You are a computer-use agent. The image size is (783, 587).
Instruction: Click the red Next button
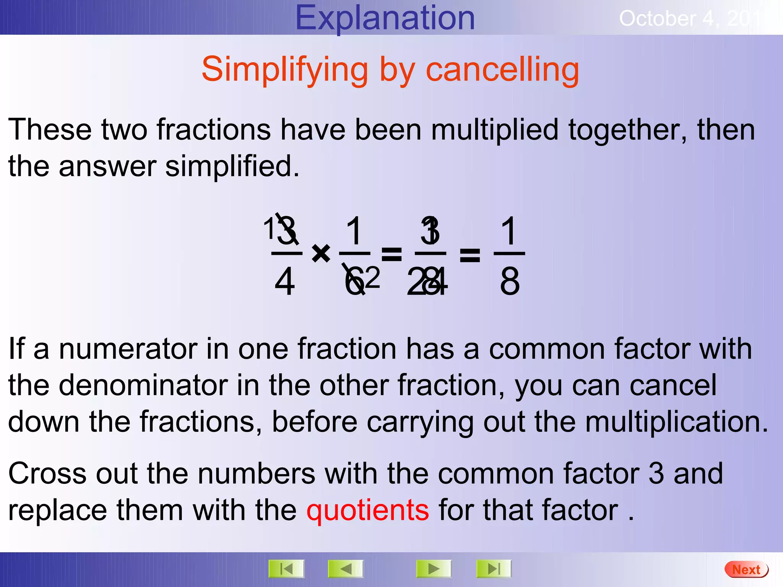(746, 569)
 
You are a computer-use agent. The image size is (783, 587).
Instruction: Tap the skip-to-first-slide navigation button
(286, 569)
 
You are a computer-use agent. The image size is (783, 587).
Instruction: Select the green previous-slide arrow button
(346, 569)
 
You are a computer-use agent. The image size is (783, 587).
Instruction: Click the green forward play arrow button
(434, 569)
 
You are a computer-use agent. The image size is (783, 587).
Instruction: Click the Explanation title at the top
(385, 18)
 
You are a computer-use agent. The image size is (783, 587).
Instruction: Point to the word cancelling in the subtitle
(502, 70)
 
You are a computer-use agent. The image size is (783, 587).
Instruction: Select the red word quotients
(367, 510)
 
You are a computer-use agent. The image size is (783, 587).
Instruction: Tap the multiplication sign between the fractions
(321, 253)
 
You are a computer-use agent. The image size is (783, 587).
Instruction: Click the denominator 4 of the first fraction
(285, 282)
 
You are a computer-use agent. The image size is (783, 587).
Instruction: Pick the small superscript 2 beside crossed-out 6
(373, 277)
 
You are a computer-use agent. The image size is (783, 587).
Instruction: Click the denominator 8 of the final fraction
(510, 282)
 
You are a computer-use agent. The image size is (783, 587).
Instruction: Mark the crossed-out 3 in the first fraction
(287, 231)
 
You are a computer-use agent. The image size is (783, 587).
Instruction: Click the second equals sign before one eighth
(469, 255)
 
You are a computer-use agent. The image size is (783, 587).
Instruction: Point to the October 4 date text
(688, 19)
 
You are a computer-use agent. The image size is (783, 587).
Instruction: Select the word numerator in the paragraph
(128, 349)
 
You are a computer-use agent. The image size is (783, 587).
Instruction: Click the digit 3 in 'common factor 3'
(656, 473)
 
